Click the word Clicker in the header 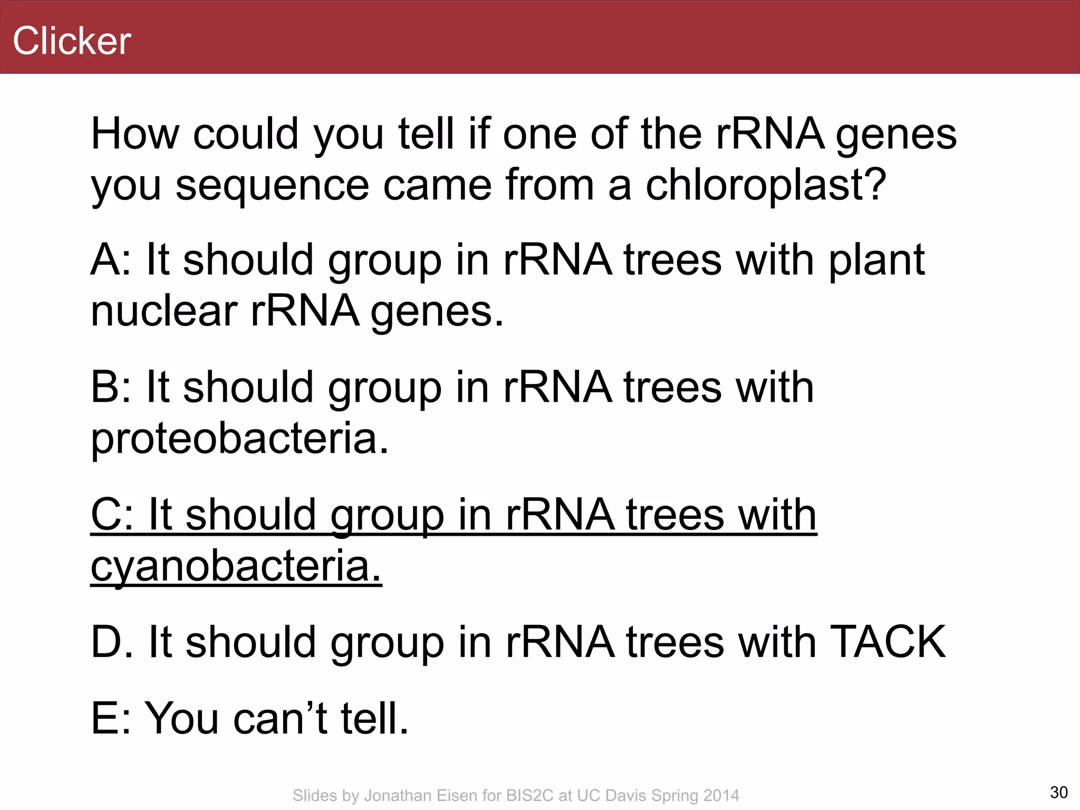point(72,41)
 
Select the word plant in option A point(876,261)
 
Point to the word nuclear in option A point(164,311)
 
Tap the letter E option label point(104,718)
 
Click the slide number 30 point(1058,793)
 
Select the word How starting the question point(135,135)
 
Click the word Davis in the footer point(626,796)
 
